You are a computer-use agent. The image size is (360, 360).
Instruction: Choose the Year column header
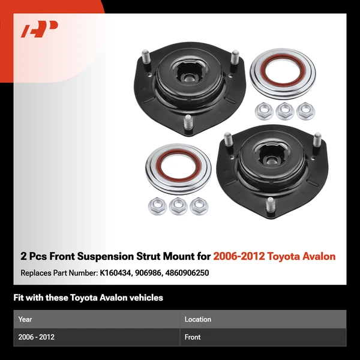tap(25, 319)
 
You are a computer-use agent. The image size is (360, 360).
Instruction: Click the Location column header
tap(197, 319)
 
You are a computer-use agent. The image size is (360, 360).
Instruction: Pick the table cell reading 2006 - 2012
tap(37, 337)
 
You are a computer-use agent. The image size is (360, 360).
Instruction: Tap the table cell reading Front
tap(193, 337)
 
